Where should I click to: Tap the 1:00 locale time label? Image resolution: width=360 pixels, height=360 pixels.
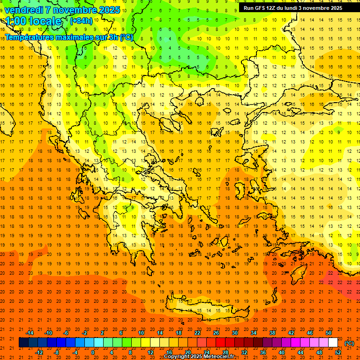tap(33, 21)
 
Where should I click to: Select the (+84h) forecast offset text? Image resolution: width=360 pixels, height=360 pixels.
tap(81, 21)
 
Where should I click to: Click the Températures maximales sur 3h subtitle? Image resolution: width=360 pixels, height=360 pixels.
tap(68, 37)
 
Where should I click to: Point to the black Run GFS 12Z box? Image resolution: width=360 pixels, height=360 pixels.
tap(292, 8)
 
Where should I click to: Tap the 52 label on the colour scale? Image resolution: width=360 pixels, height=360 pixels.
tap(338, 352)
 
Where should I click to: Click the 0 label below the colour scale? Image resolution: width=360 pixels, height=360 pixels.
tap(92, 352)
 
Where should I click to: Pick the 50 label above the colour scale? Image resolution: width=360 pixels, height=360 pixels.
tap(328, 332)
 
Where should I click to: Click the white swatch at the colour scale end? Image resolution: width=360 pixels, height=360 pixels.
tap(333, 343)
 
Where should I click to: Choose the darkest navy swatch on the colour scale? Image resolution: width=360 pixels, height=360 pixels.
tap(23, 343)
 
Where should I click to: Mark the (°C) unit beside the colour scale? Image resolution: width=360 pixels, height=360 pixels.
tap(349, 343)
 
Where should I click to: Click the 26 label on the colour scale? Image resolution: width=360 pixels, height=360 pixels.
tap(216, 332)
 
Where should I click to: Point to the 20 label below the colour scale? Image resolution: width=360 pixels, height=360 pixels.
tap(187, 352)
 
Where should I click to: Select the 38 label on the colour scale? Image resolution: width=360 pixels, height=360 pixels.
tap(272, 332)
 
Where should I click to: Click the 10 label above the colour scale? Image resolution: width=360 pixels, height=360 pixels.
tap(141, 332)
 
